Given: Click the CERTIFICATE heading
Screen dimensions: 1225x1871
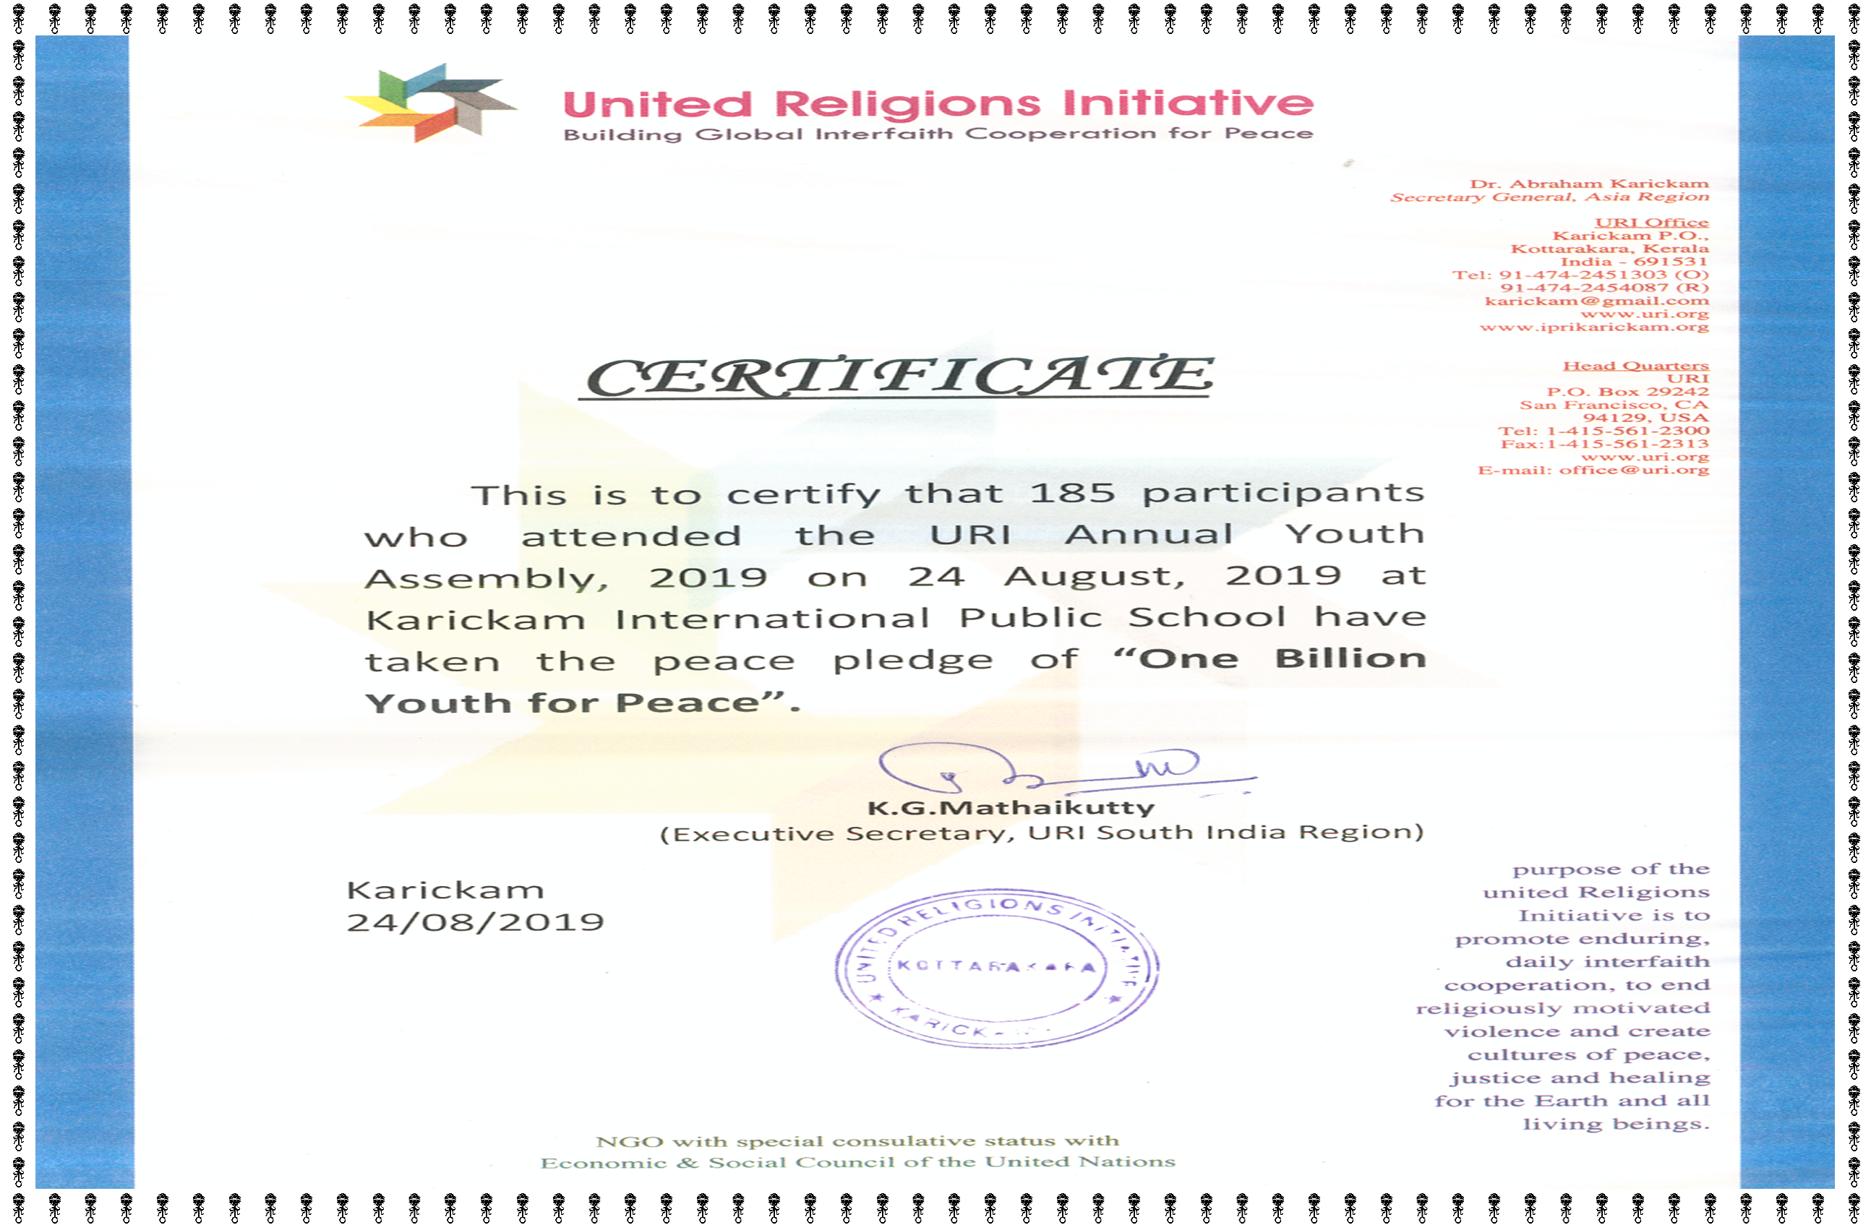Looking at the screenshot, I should tap(899, 377).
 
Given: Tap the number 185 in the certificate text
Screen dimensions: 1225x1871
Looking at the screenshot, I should tap(1072, 493).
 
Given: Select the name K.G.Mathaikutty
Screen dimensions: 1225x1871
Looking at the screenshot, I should tap(1011, 808).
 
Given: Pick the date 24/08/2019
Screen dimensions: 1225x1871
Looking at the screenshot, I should tap(476, 921).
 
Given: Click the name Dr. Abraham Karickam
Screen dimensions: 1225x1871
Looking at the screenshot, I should tap(1589, 184).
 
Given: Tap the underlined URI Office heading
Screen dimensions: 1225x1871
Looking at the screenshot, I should tap(1651, 223).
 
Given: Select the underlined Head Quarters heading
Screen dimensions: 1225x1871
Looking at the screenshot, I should tap(1635, 366).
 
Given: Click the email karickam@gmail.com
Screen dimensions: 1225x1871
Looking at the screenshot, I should tap(1596, 301).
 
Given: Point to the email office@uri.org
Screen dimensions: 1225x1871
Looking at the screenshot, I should tap(1634, 470).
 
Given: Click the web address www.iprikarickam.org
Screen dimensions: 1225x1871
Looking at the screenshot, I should tap(1593, 327).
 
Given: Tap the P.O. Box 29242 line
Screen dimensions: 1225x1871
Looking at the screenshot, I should tap(1627, 391).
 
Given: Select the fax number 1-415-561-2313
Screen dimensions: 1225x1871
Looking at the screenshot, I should tap(1627, 444).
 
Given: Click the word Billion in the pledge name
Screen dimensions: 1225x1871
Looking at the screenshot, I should tap(1350, 658).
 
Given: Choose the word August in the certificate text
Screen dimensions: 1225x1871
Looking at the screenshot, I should tap(1095, 576).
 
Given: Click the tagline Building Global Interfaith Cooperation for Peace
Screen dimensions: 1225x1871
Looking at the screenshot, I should tap(938, 134).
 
